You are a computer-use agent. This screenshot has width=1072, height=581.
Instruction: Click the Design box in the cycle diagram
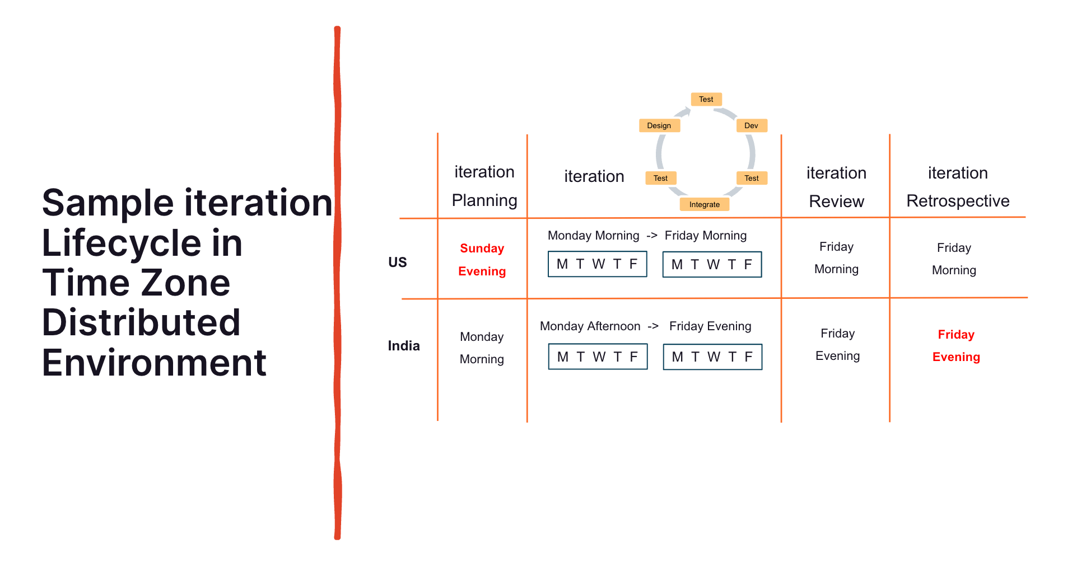tap(659, 125)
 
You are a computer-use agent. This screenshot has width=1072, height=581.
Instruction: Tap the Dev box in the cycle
tap(751, 125)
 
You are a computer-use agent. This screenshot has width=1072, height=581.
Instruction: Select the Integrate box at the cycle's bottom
tap(705, 204)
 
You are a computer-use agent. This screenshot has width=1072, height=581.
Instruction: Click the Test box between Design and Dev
tap(706, 99)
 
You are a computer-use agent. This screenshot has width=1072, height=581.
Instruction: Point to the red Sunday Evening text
tap(482, 260)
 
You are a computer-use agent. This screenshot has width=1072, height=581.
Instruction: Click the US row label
tap(398, 263)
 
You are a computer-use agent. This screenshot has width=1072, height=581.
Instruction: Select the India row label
tap(404, 346)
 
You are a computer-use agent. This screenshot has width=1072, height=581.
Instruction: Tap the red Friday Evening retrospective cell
tap(956, 346)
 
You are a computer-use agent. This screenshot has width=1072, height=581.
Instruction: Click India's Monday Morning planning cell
tap(482, 348)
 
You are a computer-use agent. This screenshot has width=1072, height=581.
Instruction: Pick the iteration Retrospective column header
tap(958, 187)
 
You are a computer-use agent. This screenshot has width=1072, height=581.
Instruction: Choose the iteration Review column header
tap(837, 187)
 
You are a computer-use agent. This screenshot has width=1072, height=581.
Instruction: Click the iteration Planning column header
tap(484, 186)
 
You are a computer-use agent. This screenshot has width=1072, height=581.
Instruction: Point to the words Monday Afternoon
tap(590, 326)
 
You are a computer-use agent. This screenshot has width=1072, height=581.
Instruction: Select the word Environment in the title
tap(154, 363)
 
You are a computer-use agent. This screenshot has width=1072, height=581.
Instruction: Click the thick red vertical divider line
tap(337, 283)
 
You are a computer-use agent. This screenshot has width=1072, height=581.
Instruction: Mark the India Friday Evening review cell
tap(837, 345)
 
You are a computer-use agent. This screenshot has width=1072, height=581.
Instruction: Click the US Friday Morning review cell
tap(836, 258)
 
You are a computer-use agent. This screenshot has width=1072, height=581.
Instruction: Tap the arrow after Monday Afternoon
tap(653, 326)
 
